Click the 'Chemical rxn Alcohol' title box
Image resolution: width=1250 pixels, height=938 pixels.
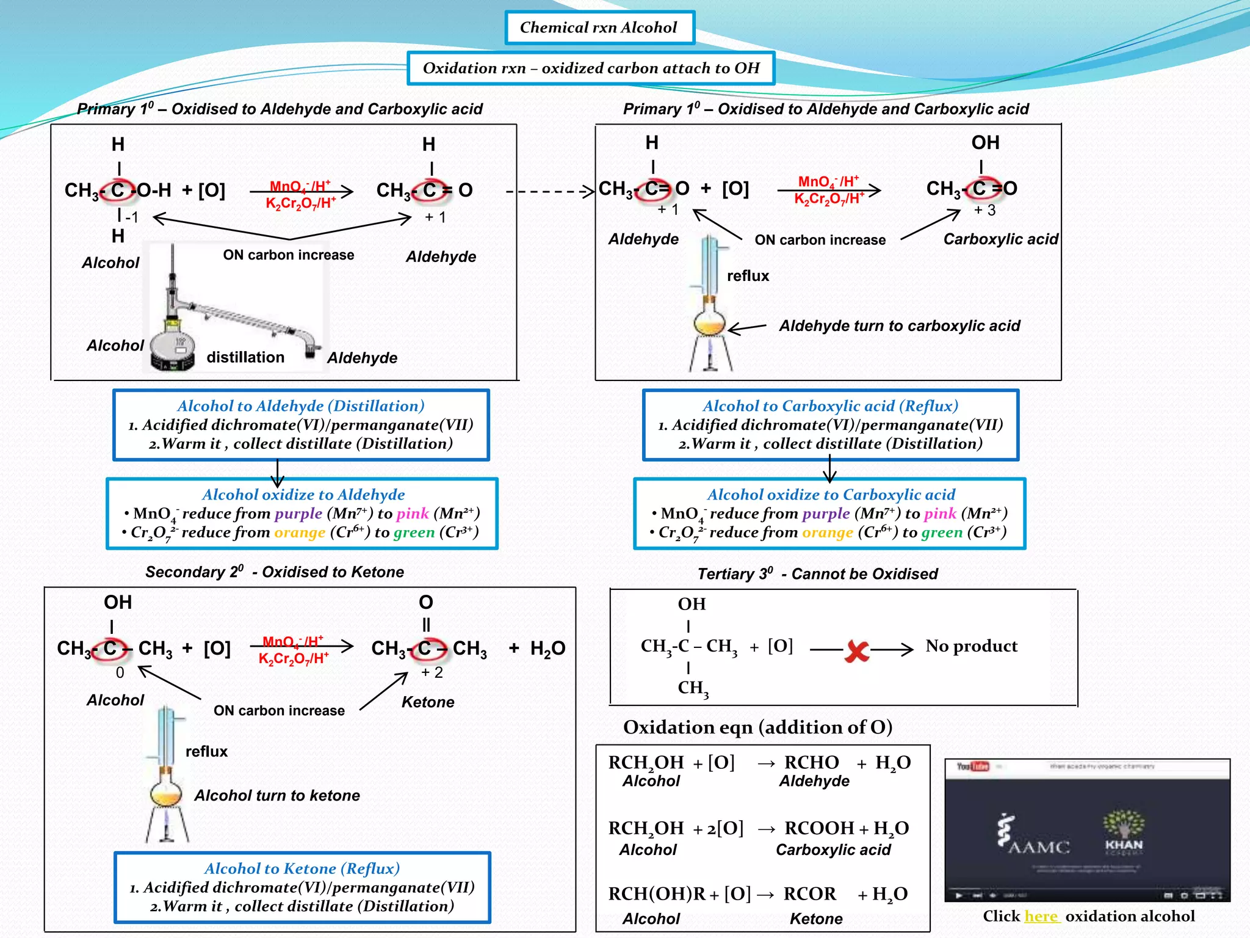coord(599,27)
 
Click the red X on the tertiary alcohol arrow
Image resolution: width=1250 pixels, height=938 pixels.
coord(857,651)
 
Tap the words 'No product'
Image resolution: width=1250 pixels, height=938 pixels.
coord(971,646)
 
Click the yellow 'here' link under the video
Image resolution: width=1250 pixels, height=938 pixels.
coord(1041,916)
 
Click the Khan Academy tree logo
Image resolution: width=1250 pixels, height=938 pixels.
coord(1123,831)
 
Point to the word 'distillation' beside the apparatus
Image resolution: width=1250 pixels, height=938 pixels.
coord(245,357)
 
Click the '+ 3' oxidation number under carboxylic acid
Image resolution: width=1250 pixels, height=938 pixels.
coord(984,210)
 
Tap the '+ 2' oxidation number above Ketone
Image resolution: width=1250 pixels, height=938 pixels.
coord(432,672)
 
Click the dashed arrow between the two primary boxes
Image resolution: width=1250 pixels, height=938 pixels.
coord(549,191)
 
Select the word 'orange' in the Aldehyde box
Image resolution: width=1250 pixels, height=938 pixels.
coord(300,533)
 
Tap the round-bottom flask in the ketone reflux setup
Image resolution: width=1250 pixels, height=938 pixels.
coord(166,793)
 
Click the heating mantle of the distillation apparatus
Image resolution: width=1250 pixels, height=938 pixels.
coord(172,353)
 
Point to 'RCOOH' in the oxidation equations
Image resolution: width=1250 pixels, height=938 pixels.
coord(819,828)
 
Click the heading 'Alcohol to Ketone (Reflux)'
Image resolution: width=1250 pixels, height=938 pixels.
coord(302,868)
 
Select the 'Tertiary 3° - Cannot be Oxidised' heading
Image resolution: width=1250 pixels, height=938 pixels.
coord(818,574)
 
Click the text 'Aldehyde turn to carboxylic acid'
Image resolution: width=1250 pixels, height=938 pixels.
coord(900,326)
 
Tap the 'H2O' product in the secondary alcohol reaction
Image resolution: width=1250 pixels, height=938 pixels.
coord(547,649)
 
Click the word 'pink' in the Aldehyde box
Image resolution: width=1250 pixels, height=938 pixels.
coord(413,514)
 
